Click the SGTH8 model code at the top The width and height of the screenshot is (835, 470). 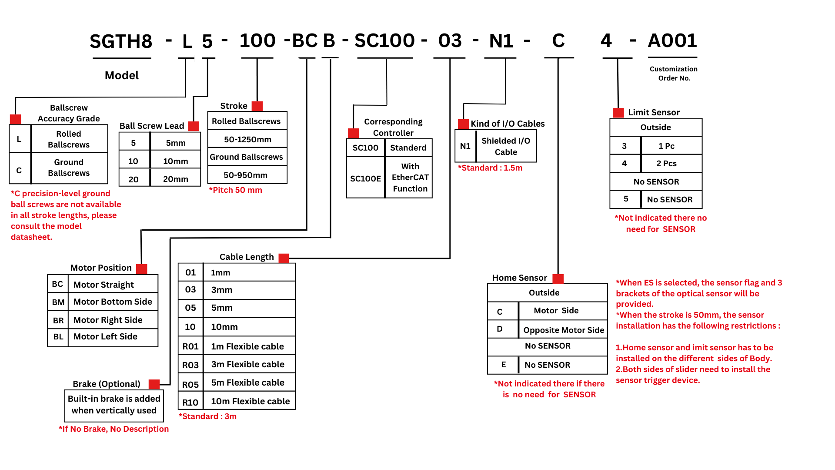[x=121, y=41]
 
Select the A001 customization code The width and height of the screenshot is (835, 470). [x=672, y=40]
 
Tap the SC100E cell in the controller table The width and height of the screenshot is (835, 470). [x=366, y=178]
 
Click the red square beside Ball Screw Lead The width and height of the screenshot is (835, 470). [x=194, y=126]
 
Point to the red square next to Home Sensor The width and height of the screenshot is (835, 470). [x=558, y=279]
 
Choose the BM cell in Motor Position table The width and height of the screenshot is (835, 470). [x=58, y=302]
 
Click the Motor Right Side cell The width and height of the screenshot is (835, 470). [x=113, y=320]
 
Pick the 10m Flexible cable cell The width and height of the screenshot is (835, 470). [x=250, y=401]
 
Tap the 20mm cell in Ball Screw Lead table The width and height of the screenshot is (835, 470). [x=175, y=179]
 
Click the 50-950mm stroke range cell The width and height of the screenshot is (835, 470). [x=247, y=175]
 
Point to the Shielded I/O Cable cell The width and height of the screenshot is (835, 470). [x=506, y=146]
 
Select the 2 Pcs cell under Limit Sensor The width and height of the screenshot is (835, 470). [x=671, y=163]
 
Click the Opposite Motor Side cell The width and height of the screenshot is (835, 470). [x=563, y=329]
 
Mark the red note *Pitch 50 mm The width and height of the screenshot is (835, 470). [x=235, y=190]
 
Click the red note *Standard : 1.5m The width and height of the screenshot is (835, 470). [x=490, y=168]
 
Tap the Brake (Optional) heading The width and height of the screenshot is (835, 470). [x=107, y=384]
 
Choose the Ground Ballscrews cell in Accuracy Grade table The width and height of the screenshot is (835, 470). [x=69, y=168]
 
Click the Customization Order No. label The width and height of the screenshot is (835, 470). [x=674, y=74]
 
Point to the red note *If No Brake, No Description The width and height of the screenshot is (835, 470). [x=114, y=429]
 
